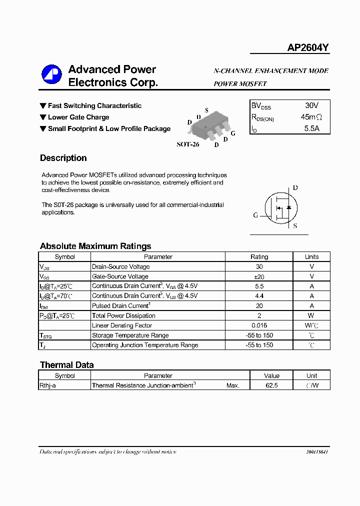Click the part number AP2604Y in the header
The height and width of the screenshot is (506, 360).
(307, 48)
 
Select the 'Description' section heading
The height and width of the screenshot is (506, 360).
(63, 158)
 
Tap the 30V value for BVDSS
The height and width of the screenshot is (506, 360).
(311, 105)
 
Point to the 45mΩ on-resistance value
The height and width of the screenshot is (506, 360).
(311, 117)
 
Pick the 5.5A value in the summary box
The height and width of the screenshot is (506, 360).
(311, 128)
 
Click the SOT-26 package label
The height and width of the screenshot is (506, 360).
(187, 144)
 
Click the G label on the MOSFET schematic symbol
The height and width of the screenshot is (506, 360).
(255, 215)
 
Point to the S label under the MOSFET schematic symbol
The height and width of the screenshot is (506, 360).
(295, 226)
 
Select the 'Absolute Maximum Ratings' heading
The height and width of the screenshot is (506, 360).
(95, 246)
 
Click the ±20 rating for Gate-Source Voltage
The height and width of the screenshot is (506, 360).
(259, 276)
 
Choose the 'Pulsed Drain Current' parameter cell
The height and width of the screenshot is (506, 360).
(120, 305)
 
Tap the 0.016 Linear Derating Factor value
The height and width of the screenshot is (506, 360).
(259, 325)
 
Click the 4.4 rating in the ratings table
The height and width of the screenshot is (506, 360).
(259, 296)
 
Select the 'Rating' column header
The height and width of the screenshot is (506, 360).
(259, 257)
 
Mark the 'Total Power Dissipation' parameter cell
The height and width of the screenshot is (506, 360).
(123, 315)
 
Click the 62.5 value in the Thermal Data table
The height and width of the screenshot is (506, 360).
(272, 385)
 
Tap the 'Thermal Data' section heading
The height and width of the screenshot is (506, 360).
(66, 365)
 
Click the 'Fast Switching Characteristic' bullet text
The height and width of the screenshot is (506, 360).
(94, 106)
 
